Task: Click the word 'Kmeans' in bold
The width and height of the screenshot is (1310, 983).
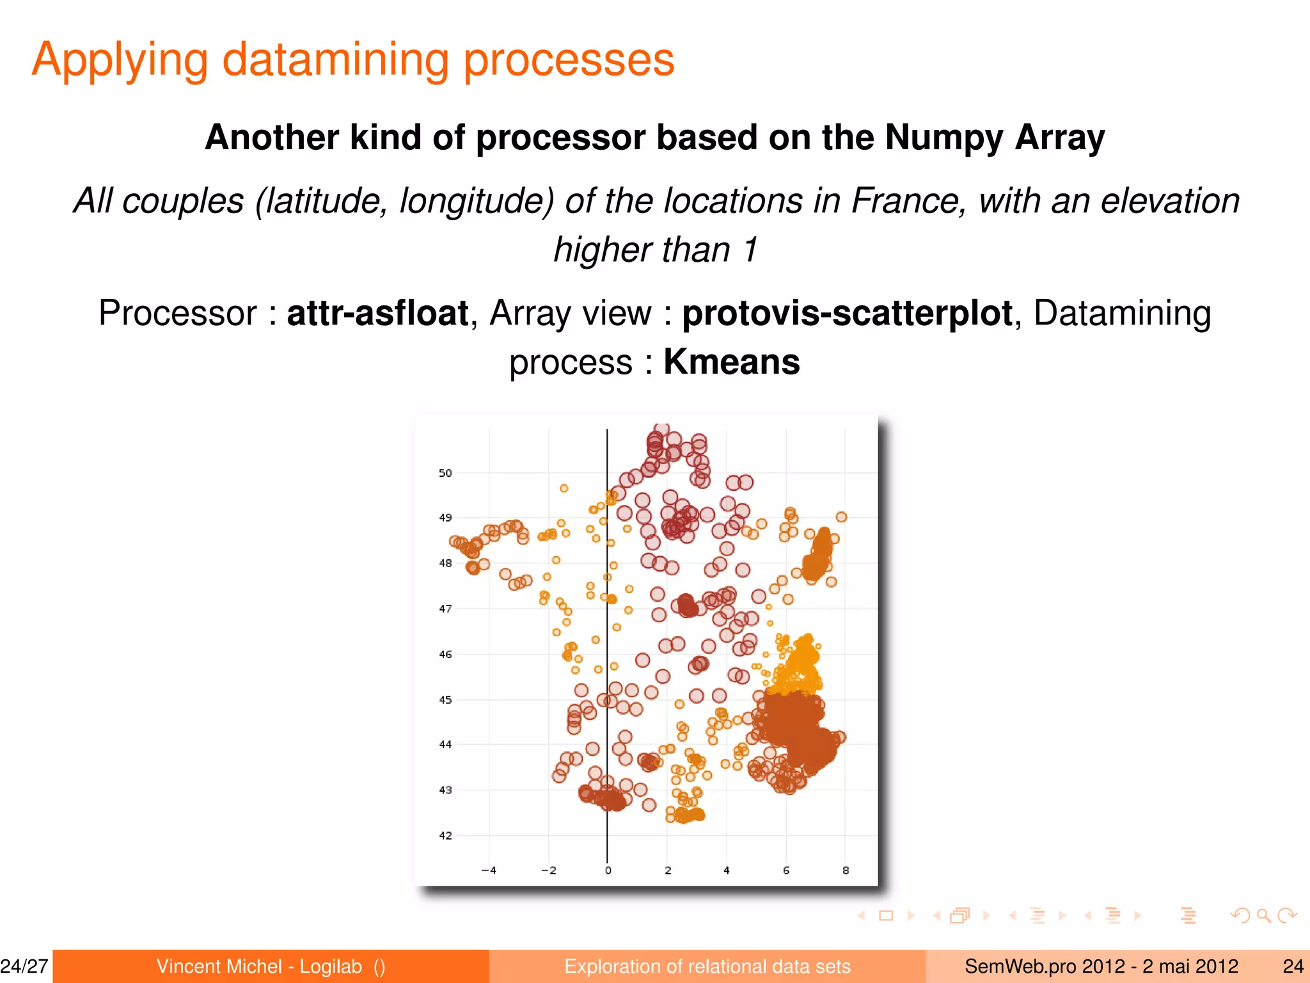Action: (731, 362)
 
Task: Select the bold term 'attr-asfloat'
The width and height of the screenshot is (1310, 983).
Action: (378, 314)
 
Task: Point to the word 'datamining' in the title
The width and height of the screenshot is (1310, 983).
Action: (336, 60)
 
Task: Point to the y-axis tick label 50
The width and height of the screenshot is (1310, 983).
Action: (445, 473)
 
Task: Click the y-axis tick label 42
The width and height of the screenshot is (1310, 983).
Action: (445, 835)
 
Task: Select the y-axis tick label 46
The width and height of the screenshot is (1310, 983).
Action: (445, 654)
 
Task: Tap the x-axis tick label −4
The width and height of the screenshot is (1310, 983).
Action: (489, 870)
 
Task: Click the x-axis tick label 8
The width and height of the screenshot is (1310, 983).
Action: (846, 870)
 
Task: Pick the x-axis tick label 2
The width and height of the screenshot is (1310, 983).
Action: (668, 870)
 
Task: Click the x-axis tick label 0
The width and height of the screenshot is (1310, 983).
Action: (608, 870)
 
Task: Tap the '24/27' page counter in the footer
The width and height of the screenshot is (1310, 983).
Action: (24, 966)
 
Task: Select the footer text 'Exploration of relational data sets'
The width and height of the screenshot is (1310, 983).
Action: (707, 966)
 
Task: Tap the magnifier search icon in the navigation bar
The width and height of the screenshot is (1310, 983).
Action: (1263, 916)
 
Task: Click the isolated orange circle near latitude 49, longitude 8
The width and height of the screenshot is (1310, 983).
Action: (842, 517)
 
